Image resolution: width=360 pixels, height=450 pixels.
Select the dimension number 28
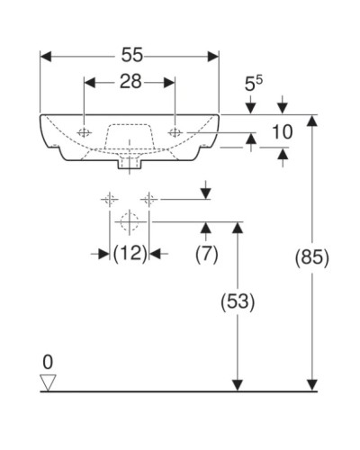pyautogui.click(x=130, y=83)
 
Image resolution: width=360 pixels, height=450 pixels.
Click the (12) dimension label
pyautogui.click(x=130, y=255)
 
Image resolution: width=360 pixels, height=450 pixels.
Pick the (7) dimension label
pyautogui.click(x=207, y=255)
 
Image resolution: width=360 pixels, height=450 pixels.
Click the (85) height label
pyautogui.click(x=312, y=256)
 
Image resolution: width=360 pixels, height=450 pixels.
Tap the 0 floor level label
pyautogui.click(x=49, y=362)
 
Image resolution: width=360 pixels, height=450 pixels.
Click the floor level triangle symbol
pyautogui.click(x=49, y=382)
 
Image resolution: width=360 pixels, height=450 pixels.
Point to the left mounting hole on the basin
pyautogui.click(x=85, y=133)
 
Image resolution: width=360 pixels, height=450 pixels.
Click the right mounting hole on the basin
pyautogui.click(x=175, y=133)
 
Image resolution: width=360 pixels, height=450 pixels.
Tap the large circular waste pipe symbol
pyautogui.click(x=129, y=220)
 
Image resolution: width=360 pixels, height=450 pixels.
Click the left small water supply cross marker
pyautogui.click(x=110, y=199)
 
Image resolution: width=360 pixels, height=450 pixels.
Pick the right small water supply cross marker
pyautogui.click(x=149, y=199)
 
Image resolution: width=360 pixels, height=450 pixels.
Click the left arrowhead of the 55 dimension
pyautogui.click(x=46, y=55)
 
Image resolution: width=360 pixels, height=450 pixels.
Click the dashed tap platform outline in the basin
pyautogui.click(x=130, y=133)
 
